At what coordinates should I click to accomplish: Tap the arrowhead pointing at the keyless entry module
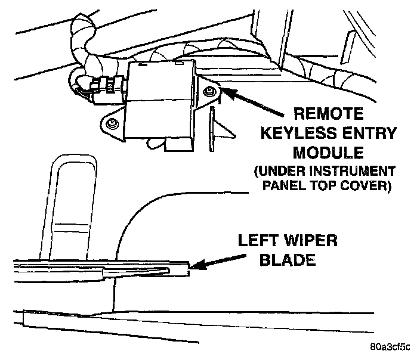[x=226, y=91]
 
